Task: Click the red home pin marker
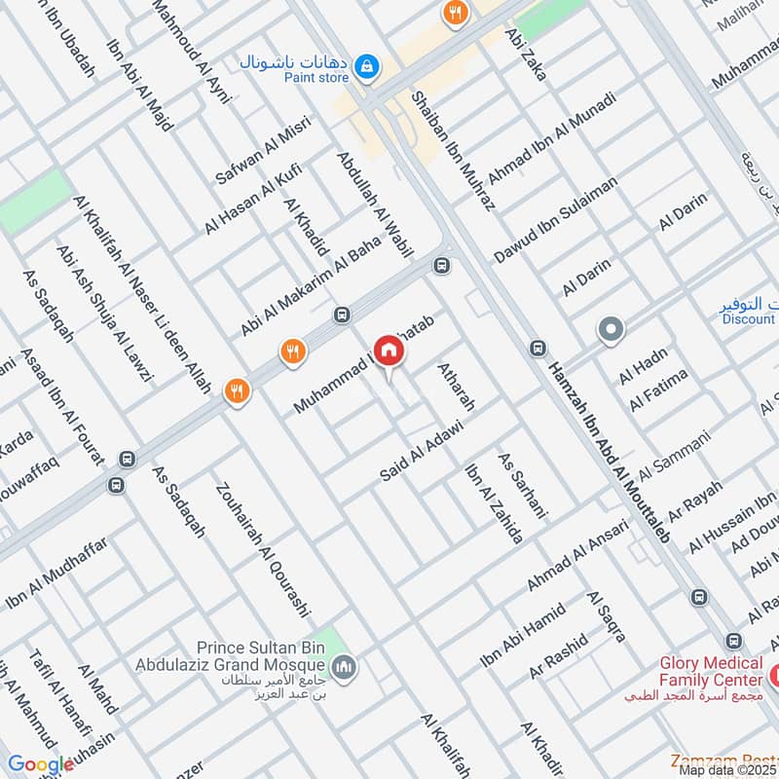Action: coord(389,352)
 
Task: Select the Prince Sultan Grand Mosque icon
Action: coord(343,667)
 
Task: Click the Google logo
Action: coord(41,764)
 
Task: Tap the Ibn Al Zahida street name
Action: coord(494,503)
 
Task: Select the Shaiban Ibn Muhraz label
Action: coord(454,151)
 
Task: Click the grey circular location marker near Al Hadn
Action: coord(611,331)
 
